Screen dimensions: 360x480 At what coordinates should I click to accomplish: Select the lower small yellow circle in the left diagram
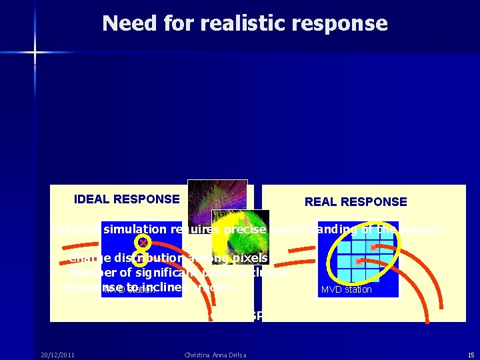(x=139, y=256)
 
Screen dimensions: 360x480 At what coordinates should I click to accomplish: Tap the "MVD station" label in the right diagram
(x=346, y=290)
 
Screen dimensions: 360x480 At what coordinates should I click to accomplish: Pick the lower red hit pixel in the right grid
(x=359, y=261)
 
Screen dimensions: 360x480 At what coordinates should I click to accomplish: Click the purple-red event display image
(x=217, y=197)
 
